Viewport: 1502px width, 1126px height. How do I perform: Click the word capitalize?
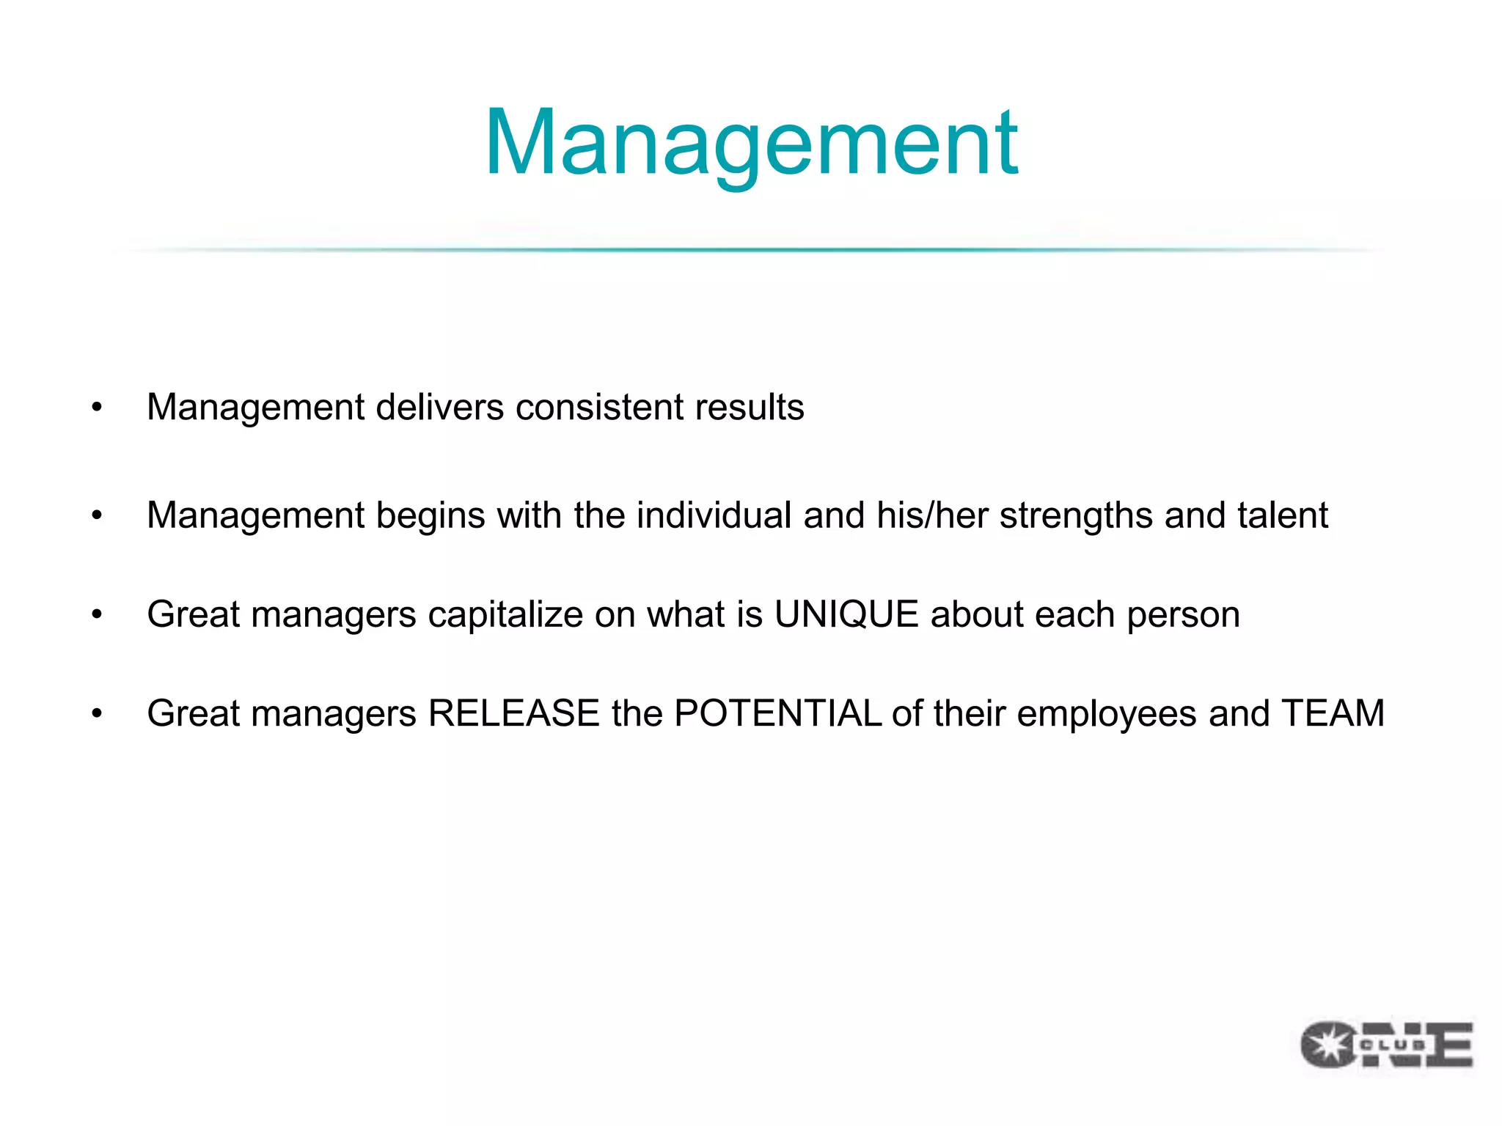(x=505, y=614)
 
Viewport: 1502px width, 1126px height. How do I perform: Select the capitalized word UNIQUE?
(x=846, y=614)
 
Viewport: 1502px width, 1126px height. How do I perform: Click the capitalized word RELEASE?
(x=513, y=713)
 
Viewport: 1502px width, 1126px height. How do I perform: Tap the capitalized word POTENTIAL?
(x=777, y=713)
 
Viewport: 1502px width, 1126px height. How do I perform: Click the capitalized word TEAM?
(x=1333, y=713)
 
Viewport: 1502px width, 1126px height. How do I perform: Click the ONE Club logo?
(x=1386, y=1045)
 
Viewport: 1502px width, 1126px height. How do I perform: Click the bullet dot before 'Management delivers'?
(x=97, y=408)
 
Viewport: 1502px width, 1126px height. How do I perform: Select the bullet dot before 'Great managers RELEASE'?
(x=97, y=714)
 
